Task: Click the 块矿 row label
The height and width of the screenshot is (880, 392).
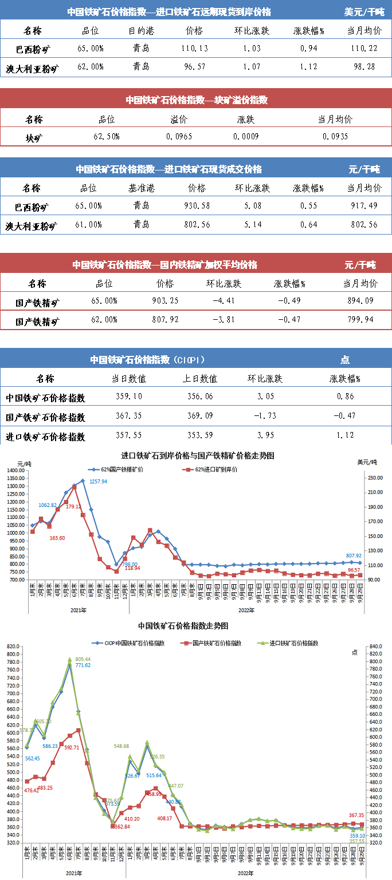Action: (x=34, y=137)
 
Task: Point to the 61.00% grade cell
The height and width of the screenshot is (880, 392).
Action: (x=89, y=225)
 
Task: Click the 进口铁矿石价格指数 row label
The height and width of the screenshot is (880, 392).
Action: (x=45, y=437)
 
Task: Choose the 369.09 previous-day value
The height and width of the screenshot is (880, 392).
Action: (x=200, y=417)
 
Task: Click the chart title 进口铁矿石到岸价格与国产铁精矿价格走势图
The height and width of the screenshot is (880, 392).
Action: (x=198, y=456)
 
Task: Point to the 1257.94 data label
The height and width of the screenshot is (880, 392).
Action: (x=98, y=482)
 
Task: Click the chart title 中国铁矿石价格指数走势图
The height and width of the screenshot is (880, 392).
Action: (x=183, y=627)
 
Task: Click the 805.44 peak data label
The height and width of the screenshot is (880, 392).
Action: (x=83, y=660)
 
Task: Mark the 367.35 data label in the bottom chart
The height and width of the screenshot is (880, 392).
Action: (x=356, y=815)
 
